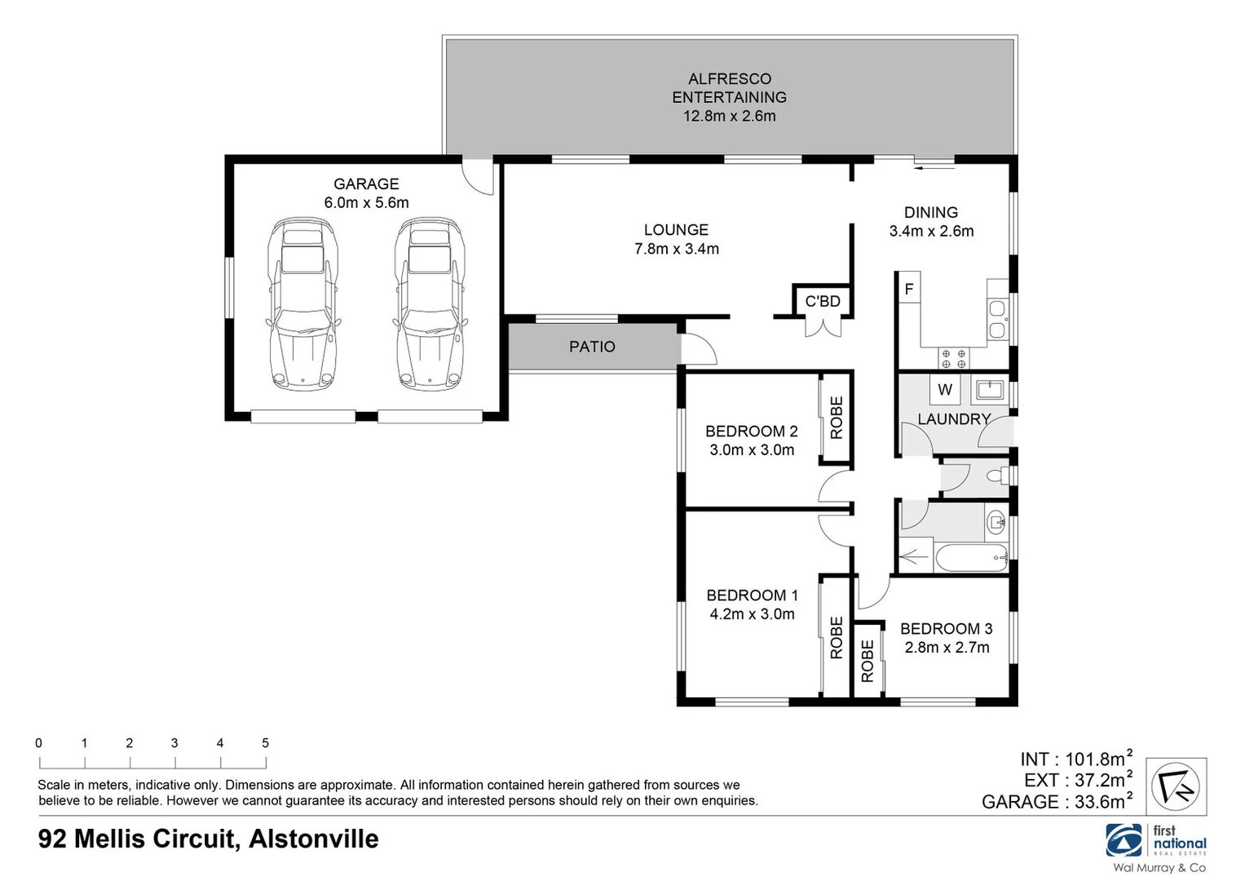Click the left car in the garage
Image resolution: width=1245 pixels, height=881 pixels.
click(302, 302)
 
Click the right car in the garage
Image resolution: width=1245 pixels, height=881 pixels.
click(429, 302)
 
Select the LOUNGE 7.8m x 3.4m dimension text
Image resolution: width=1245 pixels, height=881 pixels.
click(677, 249)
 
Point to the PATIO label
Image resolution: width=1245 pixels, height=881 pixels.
click(592, 347)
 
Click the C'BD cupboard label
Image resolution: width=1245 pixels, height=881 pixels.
click(822, 302)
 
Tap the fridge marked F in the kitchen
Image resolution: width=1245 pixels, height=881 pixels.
click(909, 289)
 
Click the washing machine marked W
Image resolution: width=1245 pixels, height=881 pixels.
click(945, 390)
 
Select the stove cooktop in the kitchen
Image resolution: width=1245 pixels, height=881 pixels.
click(954, 358)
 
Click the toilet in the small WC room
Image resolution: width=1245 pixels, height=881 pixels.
click(996, 476)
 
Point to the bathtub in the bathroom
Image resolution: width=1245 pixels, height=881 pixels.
click(971, 560)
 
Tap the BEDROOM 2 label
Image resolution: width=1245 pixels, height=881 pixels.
click(751, 431)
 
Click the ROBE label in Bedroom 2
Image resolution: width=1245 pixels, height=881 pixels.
click(837, 418)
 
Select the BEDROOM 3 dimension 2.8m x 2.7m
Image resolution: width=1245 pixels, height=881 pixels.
click(947, 648)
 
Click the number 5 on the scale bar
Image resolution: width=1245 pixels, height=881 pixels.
click(265, 743)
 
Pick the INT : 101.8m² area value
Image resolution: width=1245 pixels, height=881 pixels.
click(1075, 759)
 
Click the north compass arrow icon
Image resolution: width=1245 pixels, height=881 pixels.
click(1177, 786)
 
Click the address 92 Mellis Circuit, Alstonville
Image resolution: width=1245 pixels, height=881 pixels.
click(209, 839)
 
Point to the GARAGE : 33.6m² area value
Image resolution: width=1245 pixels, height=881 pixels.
click(1057, 802)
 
